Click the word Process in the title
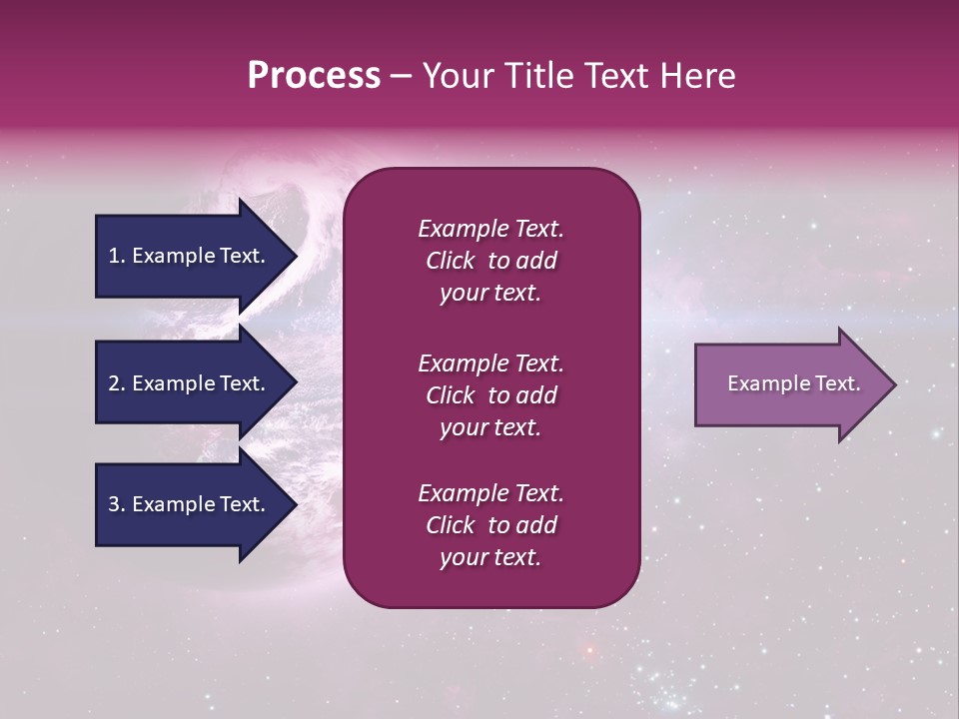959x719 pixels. pyautogui.click(x=314, y=76)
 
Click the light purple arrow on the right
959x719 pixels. pyautogui.click(x=789, y=383)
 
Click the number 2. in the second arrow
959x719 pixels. pyautogui.click(x=117, y=383)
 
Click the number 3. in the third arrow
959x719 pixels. pyautogui.click(x=117, y=504)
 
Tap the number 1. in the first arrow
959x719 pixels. pyautogui.click(x=117, y=256)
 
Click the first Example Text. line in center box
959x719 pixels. pyautogui.click(x=490, y=229)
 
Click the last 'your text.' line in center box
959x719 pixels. pyautogui.click(x=490, y=557)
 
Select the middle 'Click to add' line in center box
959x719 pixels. pyautogui.click(x=490, y=395)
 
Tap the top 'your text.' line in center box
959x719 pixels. pyautogui.click(x=490, y=293)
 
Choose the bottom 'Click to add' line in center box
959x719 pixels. pyautogui.click(x=490, y=525)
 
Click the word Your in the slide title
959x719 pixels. pyautogui.click(x=455, y=76)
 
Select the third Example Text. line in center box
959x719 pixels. pyautogui.click(x=490, y=493)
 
